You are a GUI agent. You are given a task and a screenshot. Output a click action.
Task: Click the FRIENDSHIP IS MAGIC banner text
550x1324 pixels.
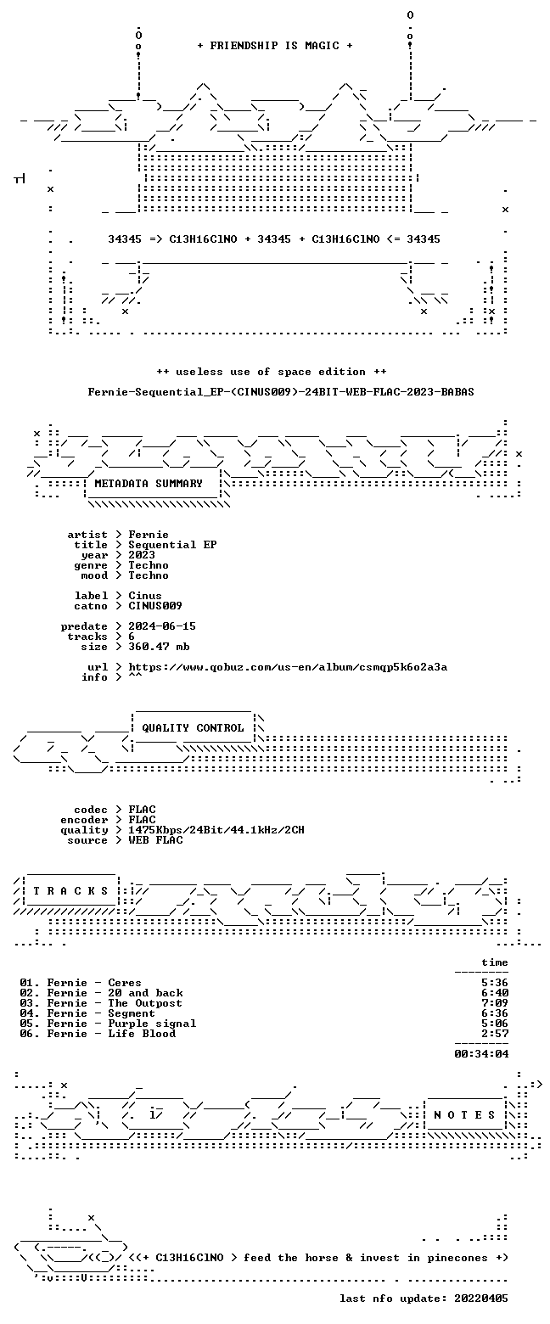pos(275,46)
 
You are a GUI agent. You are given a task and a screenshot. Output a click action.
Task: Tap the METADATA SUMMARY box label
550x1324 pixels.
pos(149,484)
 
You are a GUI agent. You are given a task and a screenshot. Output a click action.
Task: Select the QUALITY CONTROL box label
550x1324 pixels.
pos(193,728)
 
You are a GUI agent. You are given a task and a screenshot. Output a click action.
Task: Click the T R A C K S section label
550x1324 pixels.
pos(71,891)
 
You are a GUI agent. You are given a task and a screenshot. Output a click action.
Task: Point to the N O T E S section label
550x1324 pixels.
pos(464,1114)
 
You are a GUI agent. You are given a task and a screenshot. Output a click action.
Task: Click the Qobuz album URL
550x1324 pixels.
pos(288,667)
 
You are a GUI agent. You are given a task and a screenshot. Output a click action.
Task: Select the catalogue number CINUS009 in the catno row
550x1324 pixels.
pos(155,606)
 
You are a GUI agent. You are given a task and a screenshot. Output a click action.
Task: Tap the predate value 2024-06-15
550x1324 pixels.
pos(162,626)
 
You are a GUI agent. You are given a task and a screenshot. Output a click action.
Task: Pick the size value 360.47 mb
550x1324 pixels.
pos(159,647)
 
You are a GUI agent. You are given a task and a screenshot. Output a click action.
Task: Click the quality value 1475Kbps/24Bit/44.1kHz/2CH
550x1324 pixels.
pos(216,830)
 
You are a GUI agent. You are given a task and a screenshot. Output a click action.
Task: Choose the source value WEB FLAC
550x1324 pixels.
pos(155,840)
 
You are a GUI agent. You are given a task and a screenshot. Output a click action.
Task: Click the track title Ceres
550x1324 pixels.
pos(125,983)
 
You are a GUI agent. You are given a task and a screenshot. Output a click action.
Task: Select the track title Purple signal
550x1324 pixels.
pos(152,1024)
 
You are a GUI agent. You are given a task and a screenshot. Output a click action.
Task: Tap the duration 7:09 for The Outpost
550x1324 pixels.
pos(495,1003)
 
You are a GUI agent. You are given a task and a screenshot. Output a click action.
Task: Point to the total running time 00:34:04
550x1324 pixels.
pos(481,1054)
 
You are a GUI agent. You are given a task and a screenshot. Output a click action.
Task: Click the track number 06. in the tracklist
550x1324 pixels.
pos(30,1034)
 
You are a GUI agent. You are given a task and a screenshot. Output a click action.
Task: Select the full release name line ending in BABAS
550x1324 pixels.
pos(281,392)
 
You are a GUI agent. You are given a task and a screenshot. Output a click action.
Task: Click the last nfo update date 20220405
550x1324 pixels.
pos(481,1299)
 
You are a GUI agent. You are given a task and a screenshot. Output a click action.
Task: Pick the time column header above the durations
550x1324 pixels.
pos(495,962)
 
